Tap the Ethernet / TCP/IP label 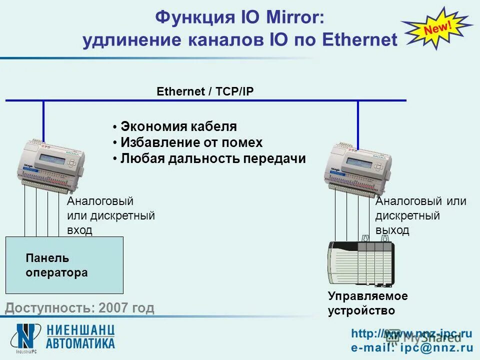206,91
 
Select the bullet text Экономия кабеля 178,126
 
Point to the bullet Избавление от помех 191,142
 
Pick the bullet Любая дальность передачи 213,158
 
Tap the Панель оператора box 64,265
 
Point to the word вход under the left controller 79,230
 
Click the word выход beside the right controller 392,230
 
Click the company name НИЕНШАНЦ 80,330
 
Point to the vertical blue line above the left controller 43,120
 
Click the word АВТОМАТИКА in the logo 80,343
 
